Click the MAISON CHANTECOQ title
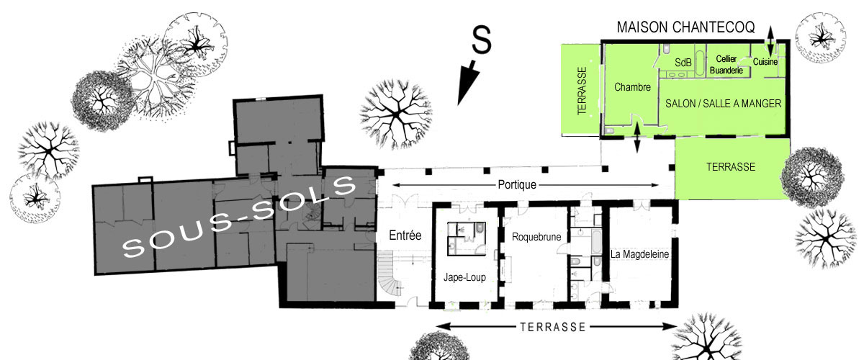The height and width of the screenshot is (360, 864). point(685,27)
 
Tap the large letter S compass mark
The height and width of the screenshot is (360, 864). point(482,40)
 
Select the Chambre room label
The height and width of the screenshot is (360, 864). point(632,87)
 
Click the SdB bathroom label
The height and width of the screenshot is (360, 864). point(683,63)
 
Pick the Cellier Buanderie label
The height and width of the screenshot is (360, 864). point(726,64)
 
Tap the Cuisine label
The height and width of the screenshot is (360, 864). point(765,62)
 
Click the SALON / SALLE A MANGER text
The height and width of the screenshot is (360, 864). point(723,104)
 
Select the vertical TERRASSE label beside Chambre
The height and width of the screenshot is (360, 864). point(582,91)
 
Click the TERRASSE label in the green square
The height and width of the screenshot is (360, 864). point(731,167)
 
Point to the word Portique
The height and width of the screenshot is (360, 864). point(517,185)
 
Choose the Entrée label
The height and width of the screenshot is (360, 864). point(405,235)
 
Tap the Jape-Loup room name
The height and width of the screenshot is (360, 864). point(464,277)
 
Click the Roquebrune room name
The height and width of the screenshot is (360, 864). point(536,237)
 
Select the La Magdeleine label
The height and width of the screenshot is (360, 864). point(639,254)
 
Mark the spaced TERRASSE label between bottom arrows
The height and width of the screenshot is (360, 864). point(553,327)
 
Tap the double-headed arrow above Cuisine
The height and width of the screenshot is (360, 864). point(770,41)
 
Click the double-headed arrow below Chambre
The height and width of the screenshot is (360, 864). point(636,138)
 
